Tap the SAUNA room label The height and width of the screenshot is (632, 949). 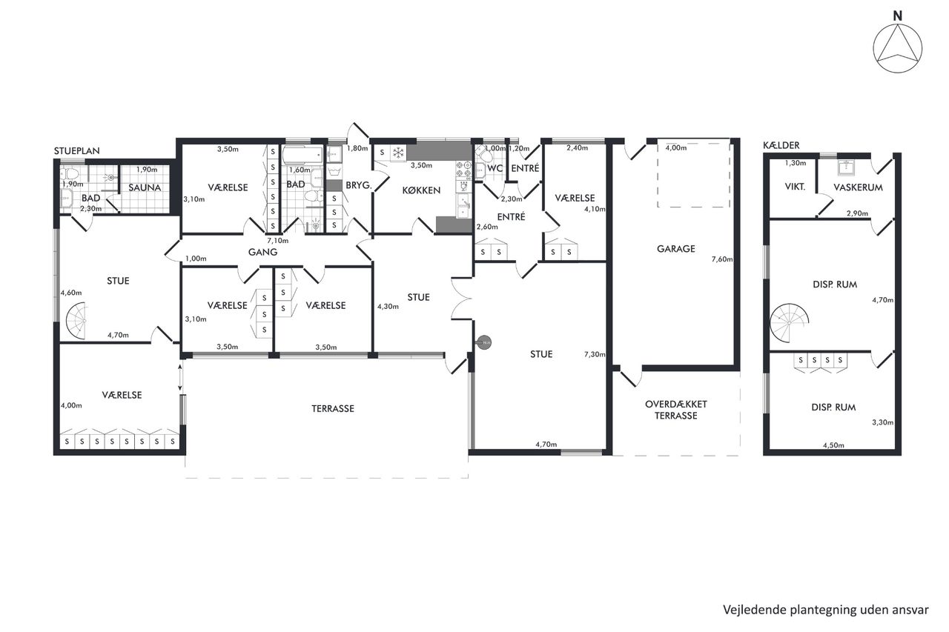[145, 187]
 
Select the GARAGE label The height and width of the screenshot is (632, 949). [675, 249]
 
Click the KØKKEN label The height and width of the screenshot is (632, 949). [421, 190]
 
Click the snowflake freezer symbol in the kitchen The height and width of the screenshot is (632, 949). [398, 153]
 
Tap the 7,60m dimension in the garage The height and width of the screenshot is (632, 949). [722, 259]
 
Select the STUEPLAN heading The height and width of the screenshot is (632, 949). [76, 150]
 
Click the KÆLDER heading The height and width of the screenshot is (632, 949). [781, 145]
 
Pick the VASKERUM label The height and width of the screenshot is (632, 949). [858, 187]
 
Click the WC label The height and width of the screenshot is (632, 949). [495, 168]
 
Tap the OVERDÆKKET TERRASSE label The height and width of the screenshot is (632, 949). [675, 410]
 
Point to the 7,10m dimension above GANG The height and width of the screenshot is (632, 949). [277, 241]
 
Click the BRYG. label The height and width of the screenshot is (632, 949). [358, 185]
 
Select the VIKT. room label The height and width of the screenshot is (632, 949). [795, 187]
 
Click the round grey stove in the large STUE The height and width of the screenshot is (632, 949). [483, 342]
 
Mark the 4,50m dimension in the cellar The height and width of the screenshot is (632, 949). [833, 445]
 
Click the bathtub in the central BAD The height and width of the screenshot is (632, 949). [303, 155]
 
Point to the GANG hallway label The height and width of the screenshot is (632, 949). [262, 253]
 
